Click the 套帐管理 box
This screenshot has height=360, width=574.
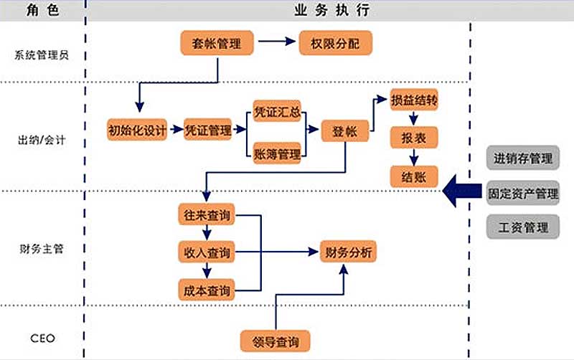pos(217,44)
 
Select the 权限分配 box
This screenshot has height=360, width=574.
pos(335,44)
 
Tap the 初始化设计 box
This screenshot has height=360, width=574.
pos(137,130)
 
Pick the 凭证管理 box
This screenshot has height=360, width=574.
pos(208,130)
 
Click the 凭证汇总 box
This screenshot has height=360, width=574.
pos(277,113)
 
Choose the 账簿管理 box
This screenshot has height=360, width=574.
pos(277,153)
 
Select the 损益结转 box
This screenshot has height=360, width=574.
pos(413,101)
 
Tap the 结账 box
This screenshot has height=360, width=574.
pos(414,176)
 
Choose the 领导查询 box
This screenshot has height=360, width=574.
pos(276,340)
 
